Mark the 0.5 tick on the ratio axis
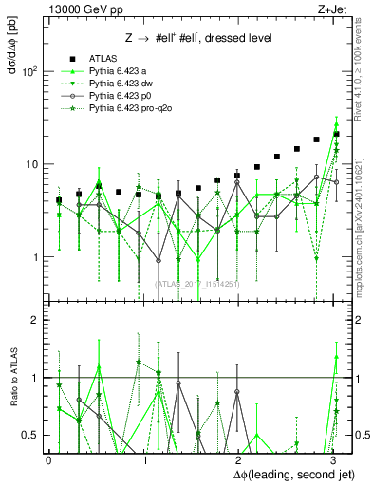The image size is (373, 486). pyautogui.click(x=31, y=435)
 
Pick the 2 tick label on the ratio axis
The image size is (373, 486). pyautogui.click(x=36, y=321)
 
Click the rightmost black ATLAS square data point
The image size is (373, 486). pyautogui.click(x=337, y=134)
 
